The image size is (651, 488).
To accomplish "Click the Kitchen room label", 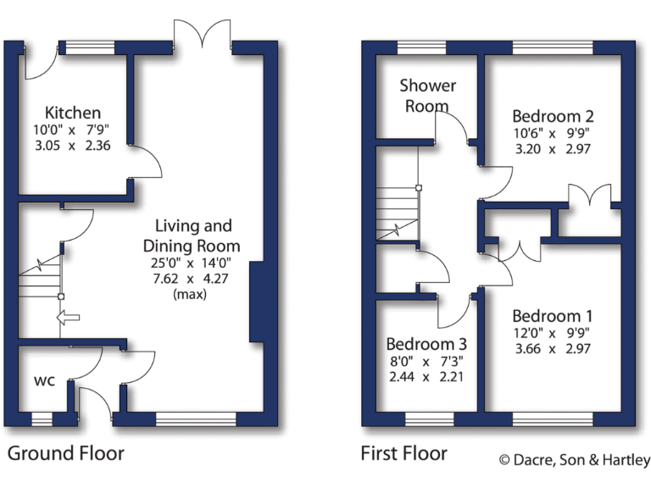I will click(73, 113).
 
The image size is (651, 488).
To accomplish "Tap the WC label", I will click(44, 380).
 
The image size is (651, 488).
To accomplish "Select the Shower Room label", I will click(427, 95).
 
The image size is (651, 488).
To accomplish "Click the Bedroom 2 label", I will click(553, 116).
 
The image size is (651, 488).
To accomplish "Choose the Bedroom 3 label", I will click(426, 345).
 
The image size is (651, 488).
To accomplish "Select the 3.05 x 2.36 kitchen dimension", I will click(73, 145).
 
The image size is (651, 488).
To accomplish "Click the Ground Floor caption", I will click(65, 452).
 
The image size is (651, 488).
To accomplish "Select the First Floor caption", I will click(404, 452).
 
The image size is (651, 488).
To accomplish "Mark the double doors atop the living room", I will click(203, 35).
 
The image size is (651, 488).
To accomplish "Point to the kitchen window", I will click(90, 47).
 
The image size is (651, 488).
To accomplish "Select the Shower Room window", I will click(421, 47).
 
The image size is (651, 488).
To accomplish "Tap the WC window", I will click(42, 418).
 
